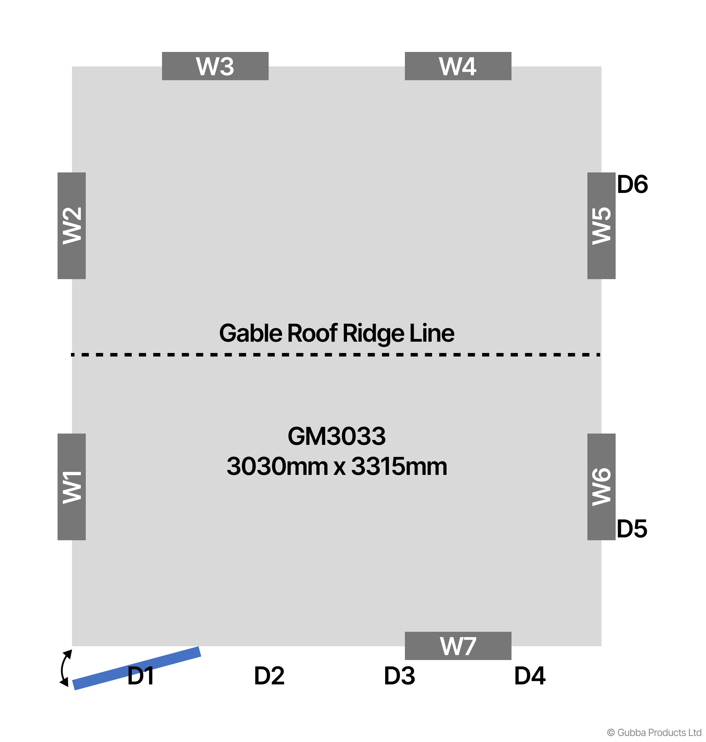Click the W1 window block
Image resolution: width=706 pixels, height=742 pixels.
(x=72, y=487)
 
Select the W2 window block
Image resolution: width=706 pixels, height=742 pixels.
(x=72, y=226)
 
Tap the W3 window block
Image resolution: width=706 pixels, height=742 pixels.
(x=215, y=66)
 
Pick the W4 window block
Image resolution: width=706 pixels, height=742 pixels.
(x=457, y=66)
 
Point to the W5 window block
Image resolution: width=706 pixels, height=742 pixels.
(x=601, y=226)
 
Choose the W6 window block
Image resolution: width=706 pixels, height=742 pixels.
(x=601, y=487)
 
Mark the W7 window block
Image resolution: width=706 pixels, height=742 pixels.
(x=457, y=646)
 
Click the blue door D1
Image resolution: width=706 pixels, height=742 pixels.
(x=136, y=668)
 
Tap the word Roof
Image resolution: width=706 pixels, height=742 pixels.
(x=312, y=333)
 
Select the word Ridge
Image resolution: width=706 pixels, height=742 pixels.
(x=373, y=333)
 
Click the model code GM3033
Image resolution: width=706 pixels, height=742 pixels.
(x=336, y=436)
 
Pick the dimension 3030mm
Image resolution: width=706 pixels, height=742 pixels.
(x=277, y=466)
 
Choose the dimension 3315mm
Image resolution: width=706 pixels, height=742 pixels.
(x=399, y=466)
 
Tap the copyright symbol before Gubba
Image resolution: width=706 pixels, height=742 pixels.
(x=611, y=732)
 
